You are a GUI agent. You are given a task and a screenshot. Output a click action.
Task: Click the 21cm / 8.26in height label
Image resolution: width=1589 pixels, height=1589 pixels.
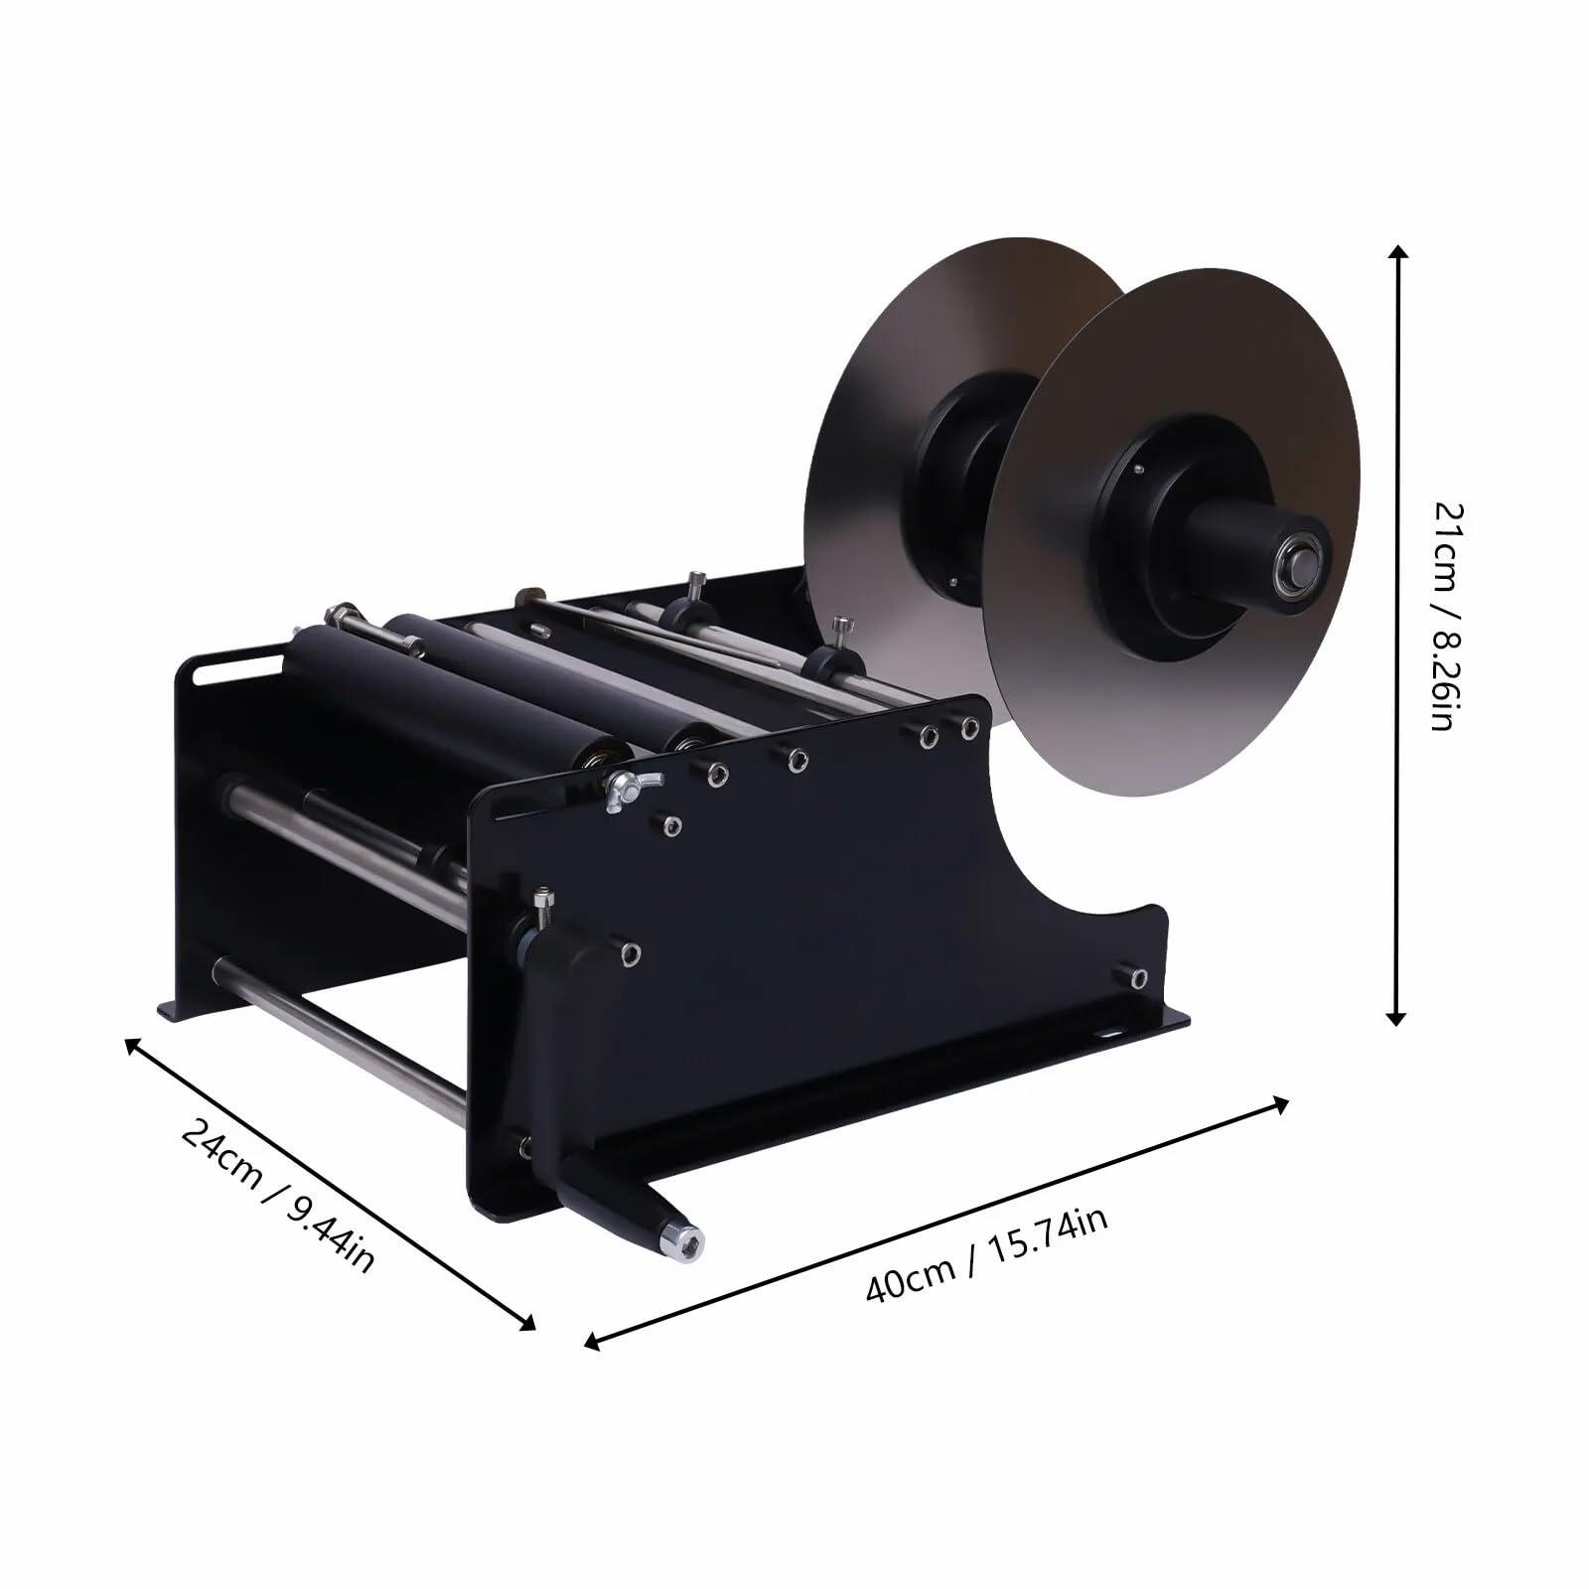[1446, 617]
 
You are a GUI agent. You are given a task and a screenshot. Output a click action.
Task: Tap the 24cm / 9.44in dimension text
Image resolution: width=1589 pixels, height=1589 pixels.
[277, 1196]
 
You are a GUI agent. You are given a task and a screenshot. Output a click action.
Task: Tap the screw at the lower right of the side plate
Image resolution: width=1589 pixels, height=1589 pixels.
[1138, 977]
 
